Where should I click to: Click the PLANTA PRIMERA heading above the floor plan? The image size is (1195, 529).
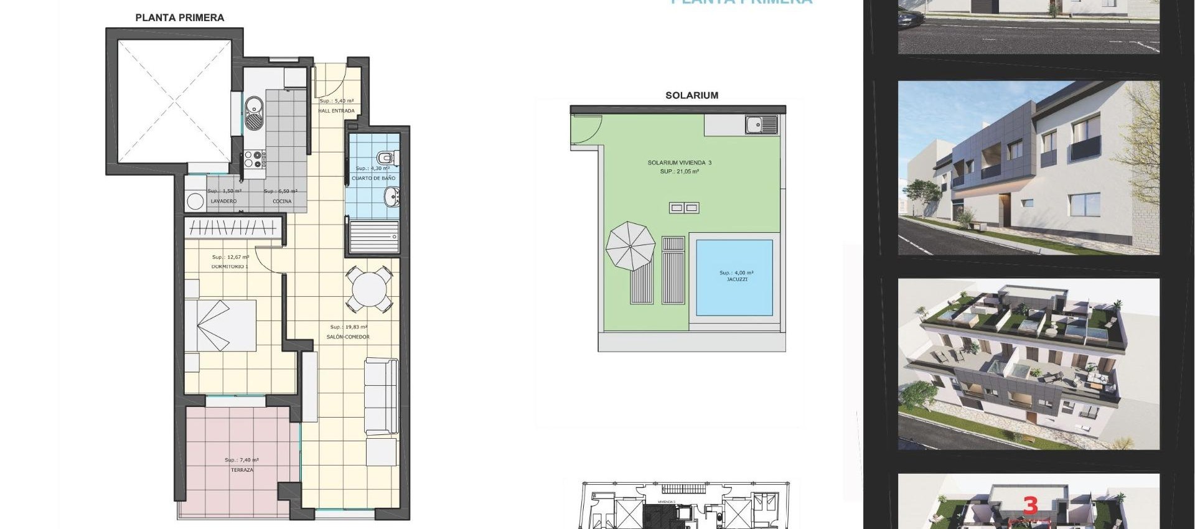pos(179,18)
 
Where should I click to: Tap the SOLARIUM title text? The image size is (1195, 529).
pos(691,96)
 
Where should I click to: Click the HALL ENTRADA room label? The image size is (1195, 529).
pos(337,111)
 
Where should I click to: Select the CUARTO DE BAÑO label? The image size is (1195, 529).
pos(373,179)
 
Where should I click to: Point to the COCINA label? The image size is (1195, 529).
pos(282,202)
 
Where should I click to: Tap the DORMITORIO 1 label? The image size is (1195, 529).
pos(230,267)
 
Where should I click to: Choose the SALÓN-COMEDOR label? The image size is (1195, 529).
pos(348,337)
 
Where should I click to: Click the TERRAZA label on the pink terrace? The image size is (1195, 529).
pos(241,470)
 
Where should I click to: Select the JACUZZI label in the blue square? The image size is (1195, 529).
pos(736,280)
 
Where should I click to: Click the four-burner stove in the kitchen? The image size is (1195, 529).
pos(254,160)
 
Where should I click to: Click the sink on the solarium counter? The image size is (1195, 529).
pos(761,125)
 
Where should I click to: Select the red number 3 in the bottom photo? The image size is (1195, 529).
pos(1030,505)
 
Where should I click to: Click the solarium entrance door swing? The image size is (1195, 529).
pos(586,131)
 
